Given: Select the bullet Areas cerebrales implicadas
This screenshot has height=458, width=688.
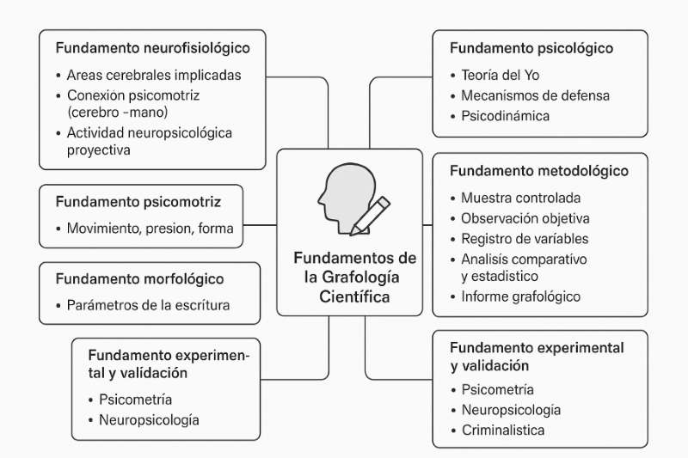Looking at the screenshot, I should pyautogui.click(x=153, y=75).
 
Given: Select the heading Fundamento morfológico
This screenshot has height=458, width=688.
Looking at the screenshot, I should pyautogui.click(x=139, y=279).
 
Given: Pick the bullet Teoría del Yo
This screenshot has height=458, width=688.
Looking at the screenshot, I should pyautogui.click(x=500, y=75).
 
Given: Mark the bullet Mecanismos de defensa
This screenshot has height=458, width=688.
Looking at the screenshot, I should pyautogui.click(x=535, y=95).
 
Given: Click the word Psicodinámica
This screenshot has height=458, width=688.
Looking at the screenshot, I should pyautogui.click(x=505, y=114).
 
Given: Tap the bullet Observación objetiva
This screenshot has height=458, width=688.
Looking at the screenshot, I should pyautogui.click(x=525, y=218).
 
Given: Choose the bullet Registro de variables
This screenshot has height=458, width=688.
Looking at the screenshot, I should pyautogui.click(x=525, y=238).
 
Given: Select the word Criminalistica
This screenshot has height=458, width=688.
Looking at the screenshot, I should pyautogui.click(x=502, y=430).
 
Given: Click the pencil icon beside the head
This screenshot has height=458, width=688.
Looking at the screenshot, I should pyautogui.click(x=371, y=216).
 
